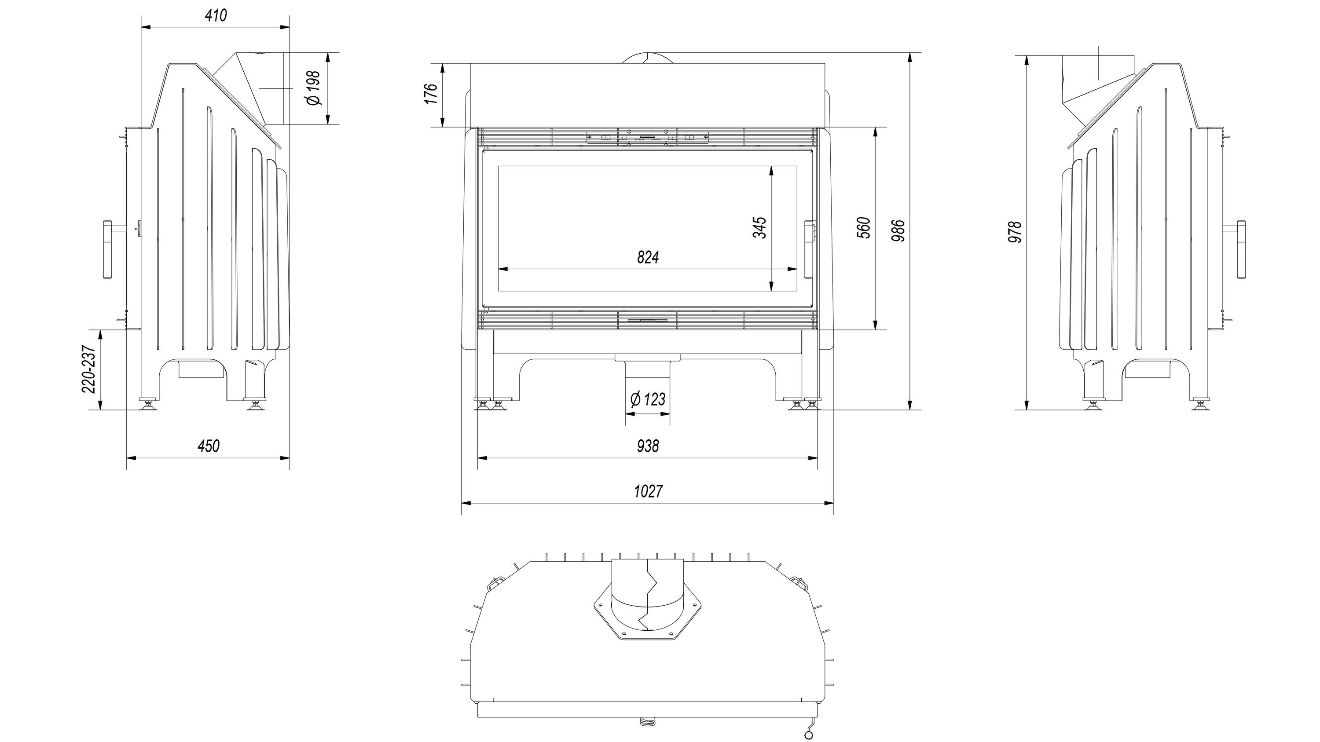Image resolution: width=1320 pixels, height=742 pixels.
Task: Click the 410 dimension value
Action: pos(216,16)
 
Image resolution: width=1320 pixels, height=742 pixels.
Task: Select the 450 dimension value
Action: pos(209,446)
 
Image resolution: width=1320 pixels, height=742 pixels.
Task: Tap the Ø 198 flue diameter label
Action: pos(314,88)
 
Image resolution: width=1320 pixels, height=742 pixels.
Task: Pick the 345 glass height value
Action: pos(759,227)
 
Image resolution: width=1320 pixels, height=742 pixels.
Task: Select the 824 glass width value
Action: pos(648,257)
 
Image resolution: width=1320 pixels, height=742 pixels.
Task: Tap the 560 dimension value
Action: pos(863,227)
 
